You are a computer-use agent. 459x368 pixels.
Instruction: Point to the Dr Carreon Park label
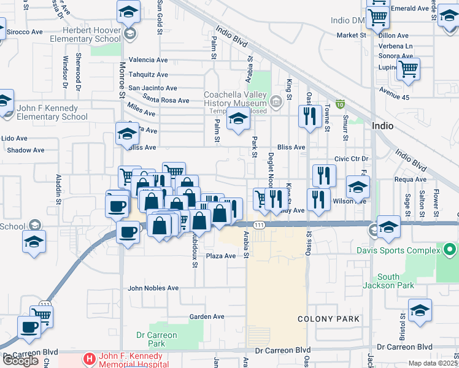(156, 339)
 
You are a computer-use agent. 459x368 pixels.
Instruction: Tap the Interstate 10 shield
(340, 105)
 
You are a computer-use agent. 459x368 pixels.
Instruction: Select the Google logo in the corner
(20, 361)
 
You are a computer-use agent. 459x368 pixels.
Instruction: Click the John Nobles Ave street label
(153, 288)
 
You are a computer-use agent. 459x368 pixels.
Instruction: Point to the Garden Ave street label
(207, 316)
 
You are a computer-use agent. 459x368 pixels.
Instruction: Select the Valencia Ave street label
(148, 60)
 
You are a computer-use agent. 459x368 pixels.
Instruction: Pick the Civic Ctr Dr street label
(350, 158)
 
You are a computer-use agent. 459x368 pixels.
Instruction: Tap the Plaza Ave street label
(220, 256)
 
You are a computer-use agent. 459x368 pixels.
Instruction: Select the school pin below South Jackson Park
(420, 310)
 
